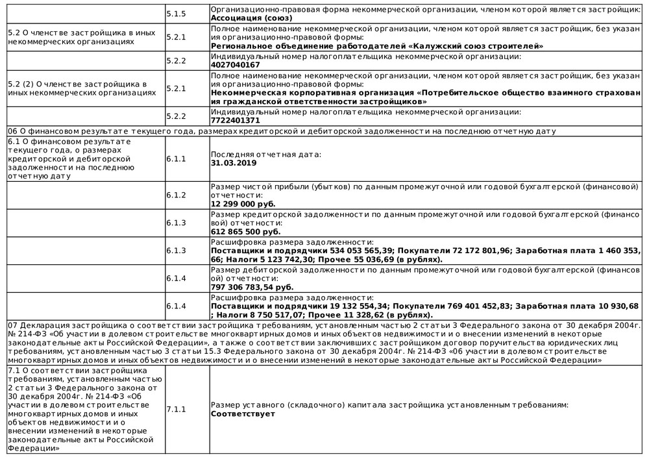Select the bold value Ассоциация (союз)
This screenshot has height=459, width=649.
[251, 18]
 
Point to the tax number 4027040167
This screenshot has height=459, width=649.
[236, 65]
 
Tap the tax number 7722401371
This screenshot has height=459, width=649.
[236, 120]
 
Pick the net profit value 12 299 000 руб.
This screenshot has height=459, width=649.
[243, 203]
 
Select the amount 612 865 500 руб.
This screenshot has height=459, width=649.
[246, 231]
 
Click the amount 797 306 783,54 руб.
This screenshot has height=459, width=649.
[252, 286]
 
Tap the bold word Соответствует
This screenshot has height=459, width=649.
[243, 414]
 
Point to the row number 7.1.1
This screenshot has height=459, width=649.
[176, 409]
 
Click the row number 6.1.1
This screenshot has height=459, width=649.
[176, 158]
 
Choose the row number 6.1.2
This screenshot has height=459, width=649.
[176, 195]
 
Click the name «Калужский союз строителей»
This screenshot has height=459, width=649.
[477, 46]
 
